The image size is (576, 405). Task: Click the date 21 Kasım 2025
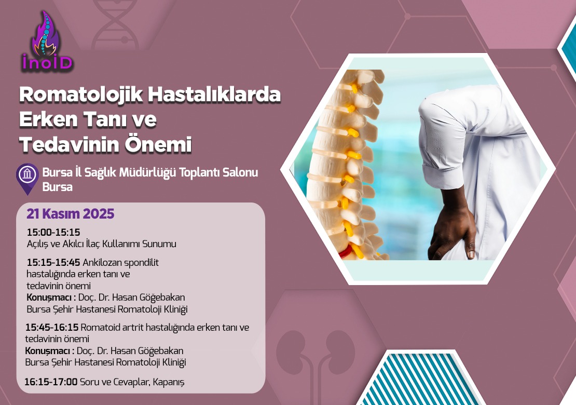(x=70, y=213)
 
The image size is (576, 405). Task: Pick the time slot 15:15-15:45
(x=53, y=263)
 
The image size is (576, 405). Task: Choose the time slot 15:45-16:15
(x=52, y=327)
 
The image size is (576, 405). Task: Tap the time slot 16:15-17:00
(x=51, y=382)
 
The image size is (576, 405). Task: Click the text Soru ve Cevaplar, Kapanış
(x=132, y=382)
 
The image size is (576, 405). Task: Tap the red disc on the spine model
(x=345, y=253)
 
